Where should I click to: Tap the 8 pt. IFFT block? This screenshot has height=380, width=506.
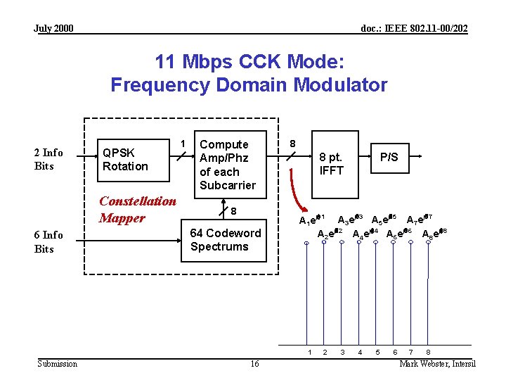pyautogui.click(x=332, y=164)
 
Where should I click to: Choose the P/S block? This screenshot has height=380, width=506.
pyautogui.click(x=389, y=157)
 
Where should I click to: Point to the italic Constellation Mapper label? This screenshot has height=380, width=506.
pyautogui.click(x=138, y=209)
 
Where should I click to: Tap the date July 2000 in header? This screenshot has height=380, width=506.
pyautogui.click(x=53, y=28)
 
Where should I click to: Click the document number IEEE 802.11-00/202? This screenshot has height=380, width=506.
pyautogui.click(x=414, y=28)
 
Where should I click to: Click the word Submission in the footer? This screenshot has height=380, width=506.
pyautogui.click(x=58, y=363)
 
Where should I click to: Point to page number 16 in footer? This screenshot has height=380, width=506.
pyautogui.click(x=254, y=363)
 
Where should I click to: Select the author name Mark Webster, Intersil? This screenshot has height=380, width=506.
pyautogui.click(x=437, y=363)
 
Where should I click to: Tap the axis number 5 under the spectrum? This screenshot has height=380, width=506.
pyautogui.click(x=377, y=351)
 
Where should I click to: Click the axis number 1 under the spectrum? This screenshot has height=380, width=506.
pyautogui.click(x=307, y=351)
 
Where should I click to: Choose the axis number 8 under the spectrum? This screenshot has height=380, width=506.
pyautogui.click(x=429, y=351)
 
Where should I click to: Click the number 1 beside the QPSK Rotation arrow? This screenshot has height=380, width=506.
pyautogui.click(x=183, y=144)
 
